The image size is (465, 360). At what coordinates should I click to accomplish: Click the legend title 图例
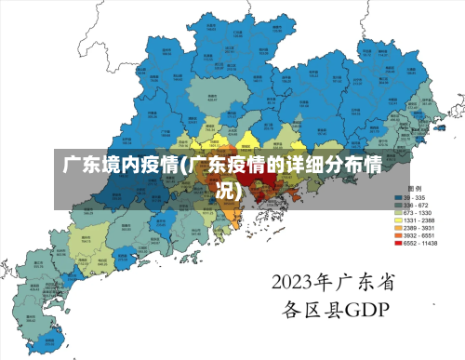[x=415, y=189]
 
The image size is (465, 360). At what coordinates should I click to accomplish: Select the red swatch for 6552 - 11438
[x=397, y=243]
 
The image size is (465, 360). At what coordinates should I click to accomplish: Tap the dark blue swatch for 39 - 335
[x=397, y=198]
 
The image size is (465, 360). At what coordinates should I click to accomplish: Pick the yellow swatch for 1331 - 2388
[x=397, y=220]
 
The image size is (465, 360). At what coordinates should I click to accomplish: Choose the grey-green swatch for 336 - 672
[x=397, y=206]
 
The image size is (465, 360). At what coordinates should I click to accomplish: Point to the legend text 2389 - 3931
[x=418, y=228]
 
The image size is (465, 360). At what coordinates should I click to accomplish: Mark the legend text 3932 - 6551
[x=418, y=235]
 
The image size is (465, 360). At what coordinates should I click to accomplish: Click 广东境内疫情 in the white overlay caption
[x=120, y=167]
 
